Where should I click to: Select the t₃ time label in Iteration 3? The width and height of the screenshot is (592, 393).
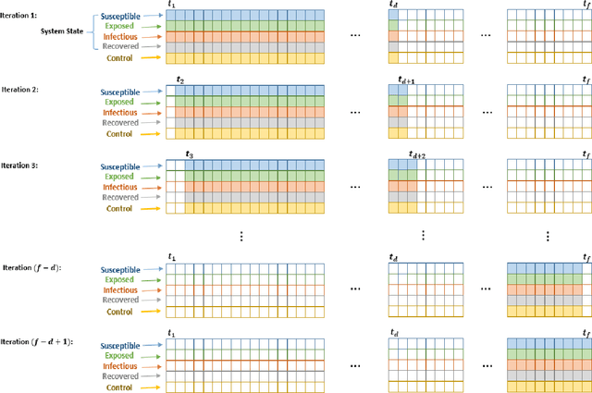(190, 154)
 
